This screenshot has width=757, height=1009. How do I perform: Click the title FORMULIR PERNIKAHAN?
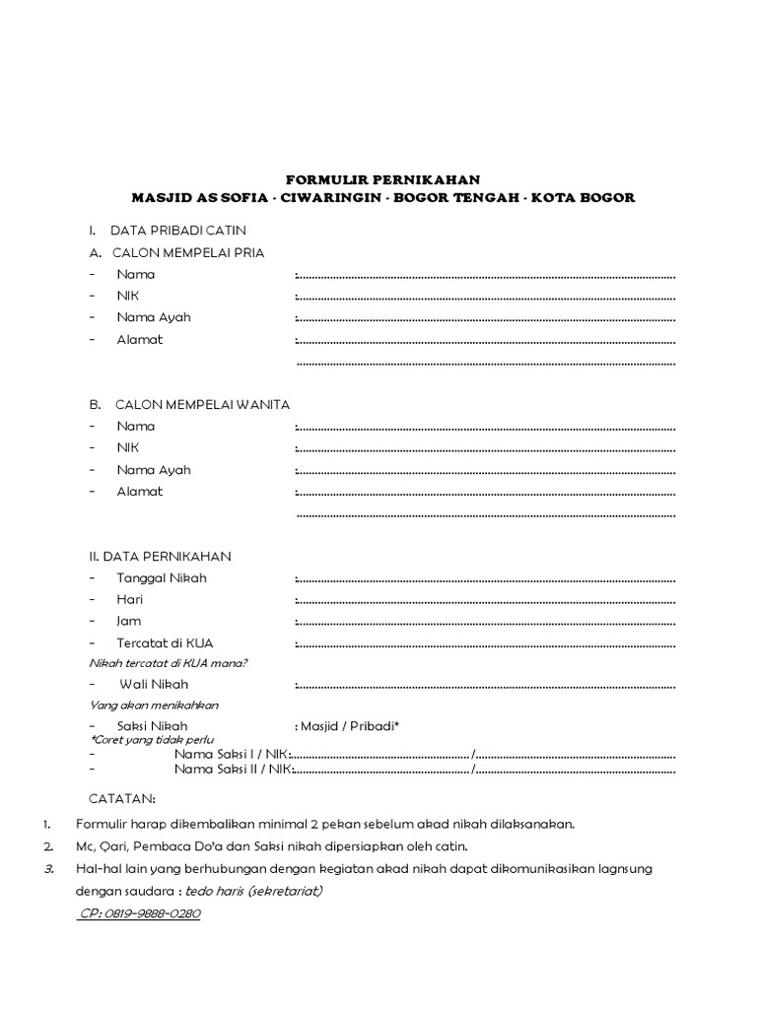pyautogui.click(x=382, y=179)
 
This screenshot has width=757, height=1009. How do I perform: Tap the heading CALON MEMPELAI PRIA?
pyautogui.click(x=187, y=252)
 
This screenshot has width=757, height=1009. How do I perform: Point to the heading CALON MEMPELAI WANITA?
pyautogui.click(x=202, y=404)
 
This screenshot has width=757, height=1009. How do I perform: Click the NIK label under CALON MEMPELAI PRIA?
pyautogui.click(x=128, y=296)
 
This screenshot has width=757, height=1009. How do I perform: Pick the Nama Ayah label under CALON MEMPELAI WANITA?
pyautogui.click(x=154, y=469)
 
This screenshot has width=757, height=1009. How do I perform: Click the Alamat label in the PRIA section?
pyautogui.click(x=140, y=339)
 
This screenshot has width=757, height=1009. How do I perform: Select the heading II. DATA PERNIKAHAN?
pyautogui.click(x=160, y=556)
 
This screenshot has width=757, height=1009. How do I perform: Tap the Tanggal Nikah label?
pyautogui.click(x=162, y=577)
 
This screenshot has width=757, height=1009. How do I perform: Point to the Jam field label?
pyautogui.click(x=129, y=621)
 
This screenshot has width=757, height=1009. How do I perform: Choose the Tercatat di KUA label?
pyautogui.click(x=165, y=642)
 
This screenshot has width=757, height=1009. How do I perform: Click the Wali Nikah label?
pyautogui.click(x=154, y=684)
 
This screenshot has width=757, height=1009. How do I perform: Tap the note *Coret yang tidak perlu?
pyautogui.click(x=152, y=739)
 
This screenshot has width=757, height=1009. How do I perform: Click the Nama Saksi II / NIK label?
pyautogui.click(x=232, y=768)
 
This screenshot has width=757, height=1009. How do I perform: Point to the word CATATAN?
pyautogui.click(x=122, y=797)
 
